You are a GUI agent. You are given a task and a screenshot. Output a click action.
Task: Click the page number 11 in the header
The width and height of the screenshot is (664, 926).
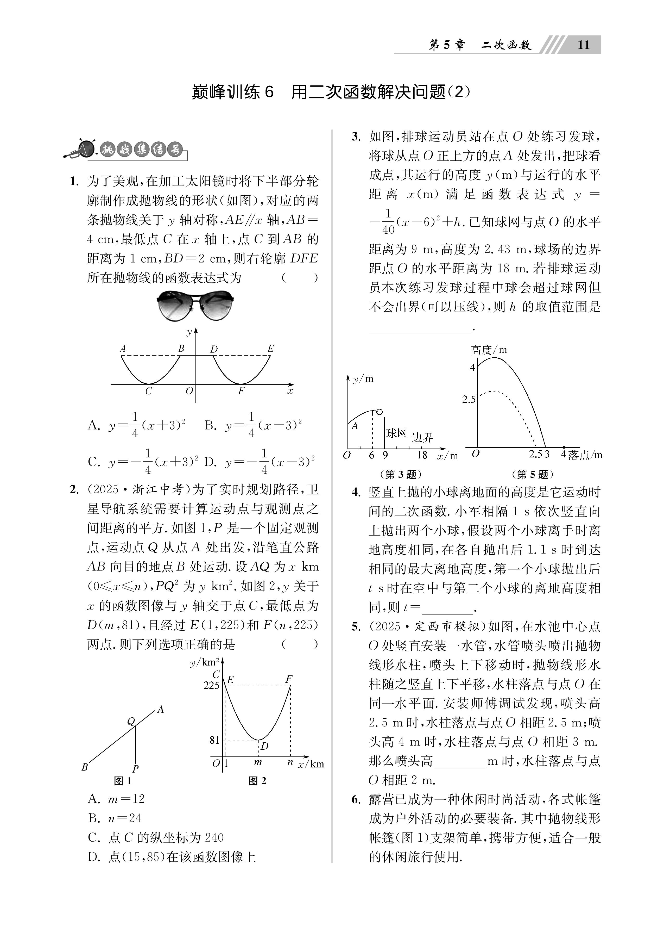(584, 45)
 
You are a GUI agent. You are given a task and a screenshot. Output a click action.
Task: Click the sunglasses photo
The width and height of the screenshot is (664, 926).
(195, 305)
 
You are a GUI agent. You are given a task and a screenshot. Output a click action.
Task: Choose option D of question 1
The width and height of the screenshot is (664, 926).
(209, 462)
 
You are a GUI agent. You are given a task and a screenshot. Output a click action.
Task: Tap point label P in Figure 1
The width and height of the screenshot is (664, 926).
(136, 769)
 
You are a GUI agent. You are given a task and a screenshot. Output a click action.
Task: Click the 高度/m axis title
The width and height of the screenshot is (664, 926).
(489, 350)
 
